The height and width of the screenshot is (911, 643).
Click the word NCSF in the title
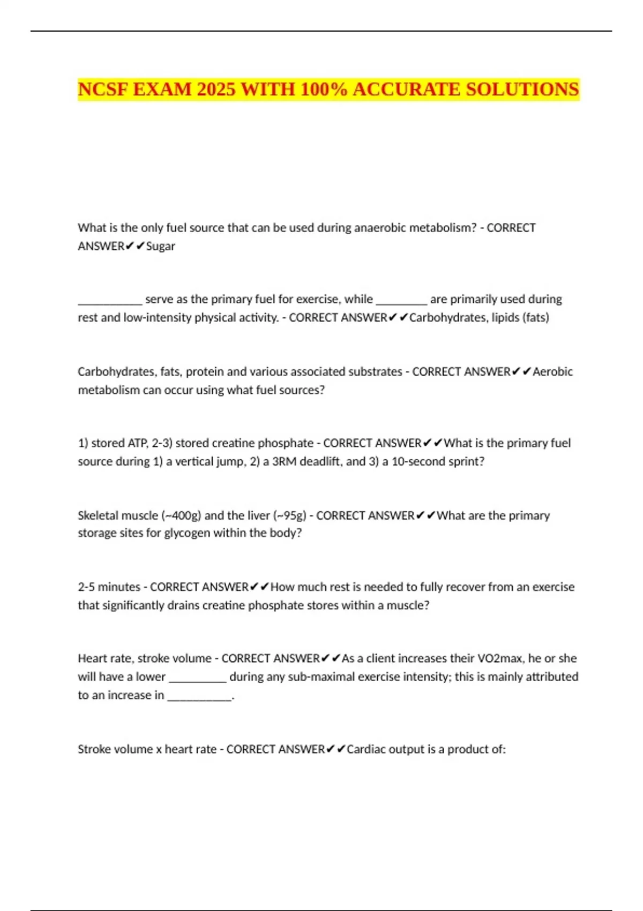pyautogui.click(x=103, y=89)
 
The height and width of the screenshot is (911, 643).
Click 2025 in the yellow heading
pyautogui.click(x=216, y=89)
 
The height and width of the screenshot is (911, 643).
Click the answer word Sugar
pyautogui.click(x=161, y=247)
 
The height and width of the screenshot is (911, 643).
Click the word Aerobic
pyautogui.click(x=552, y=372)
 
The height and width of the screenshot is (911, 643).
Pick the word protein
pyautogui.click(x=207, y=372)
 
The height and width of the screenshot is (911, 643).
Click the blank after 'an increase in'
pyautogui.click(x=199, y=696)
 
